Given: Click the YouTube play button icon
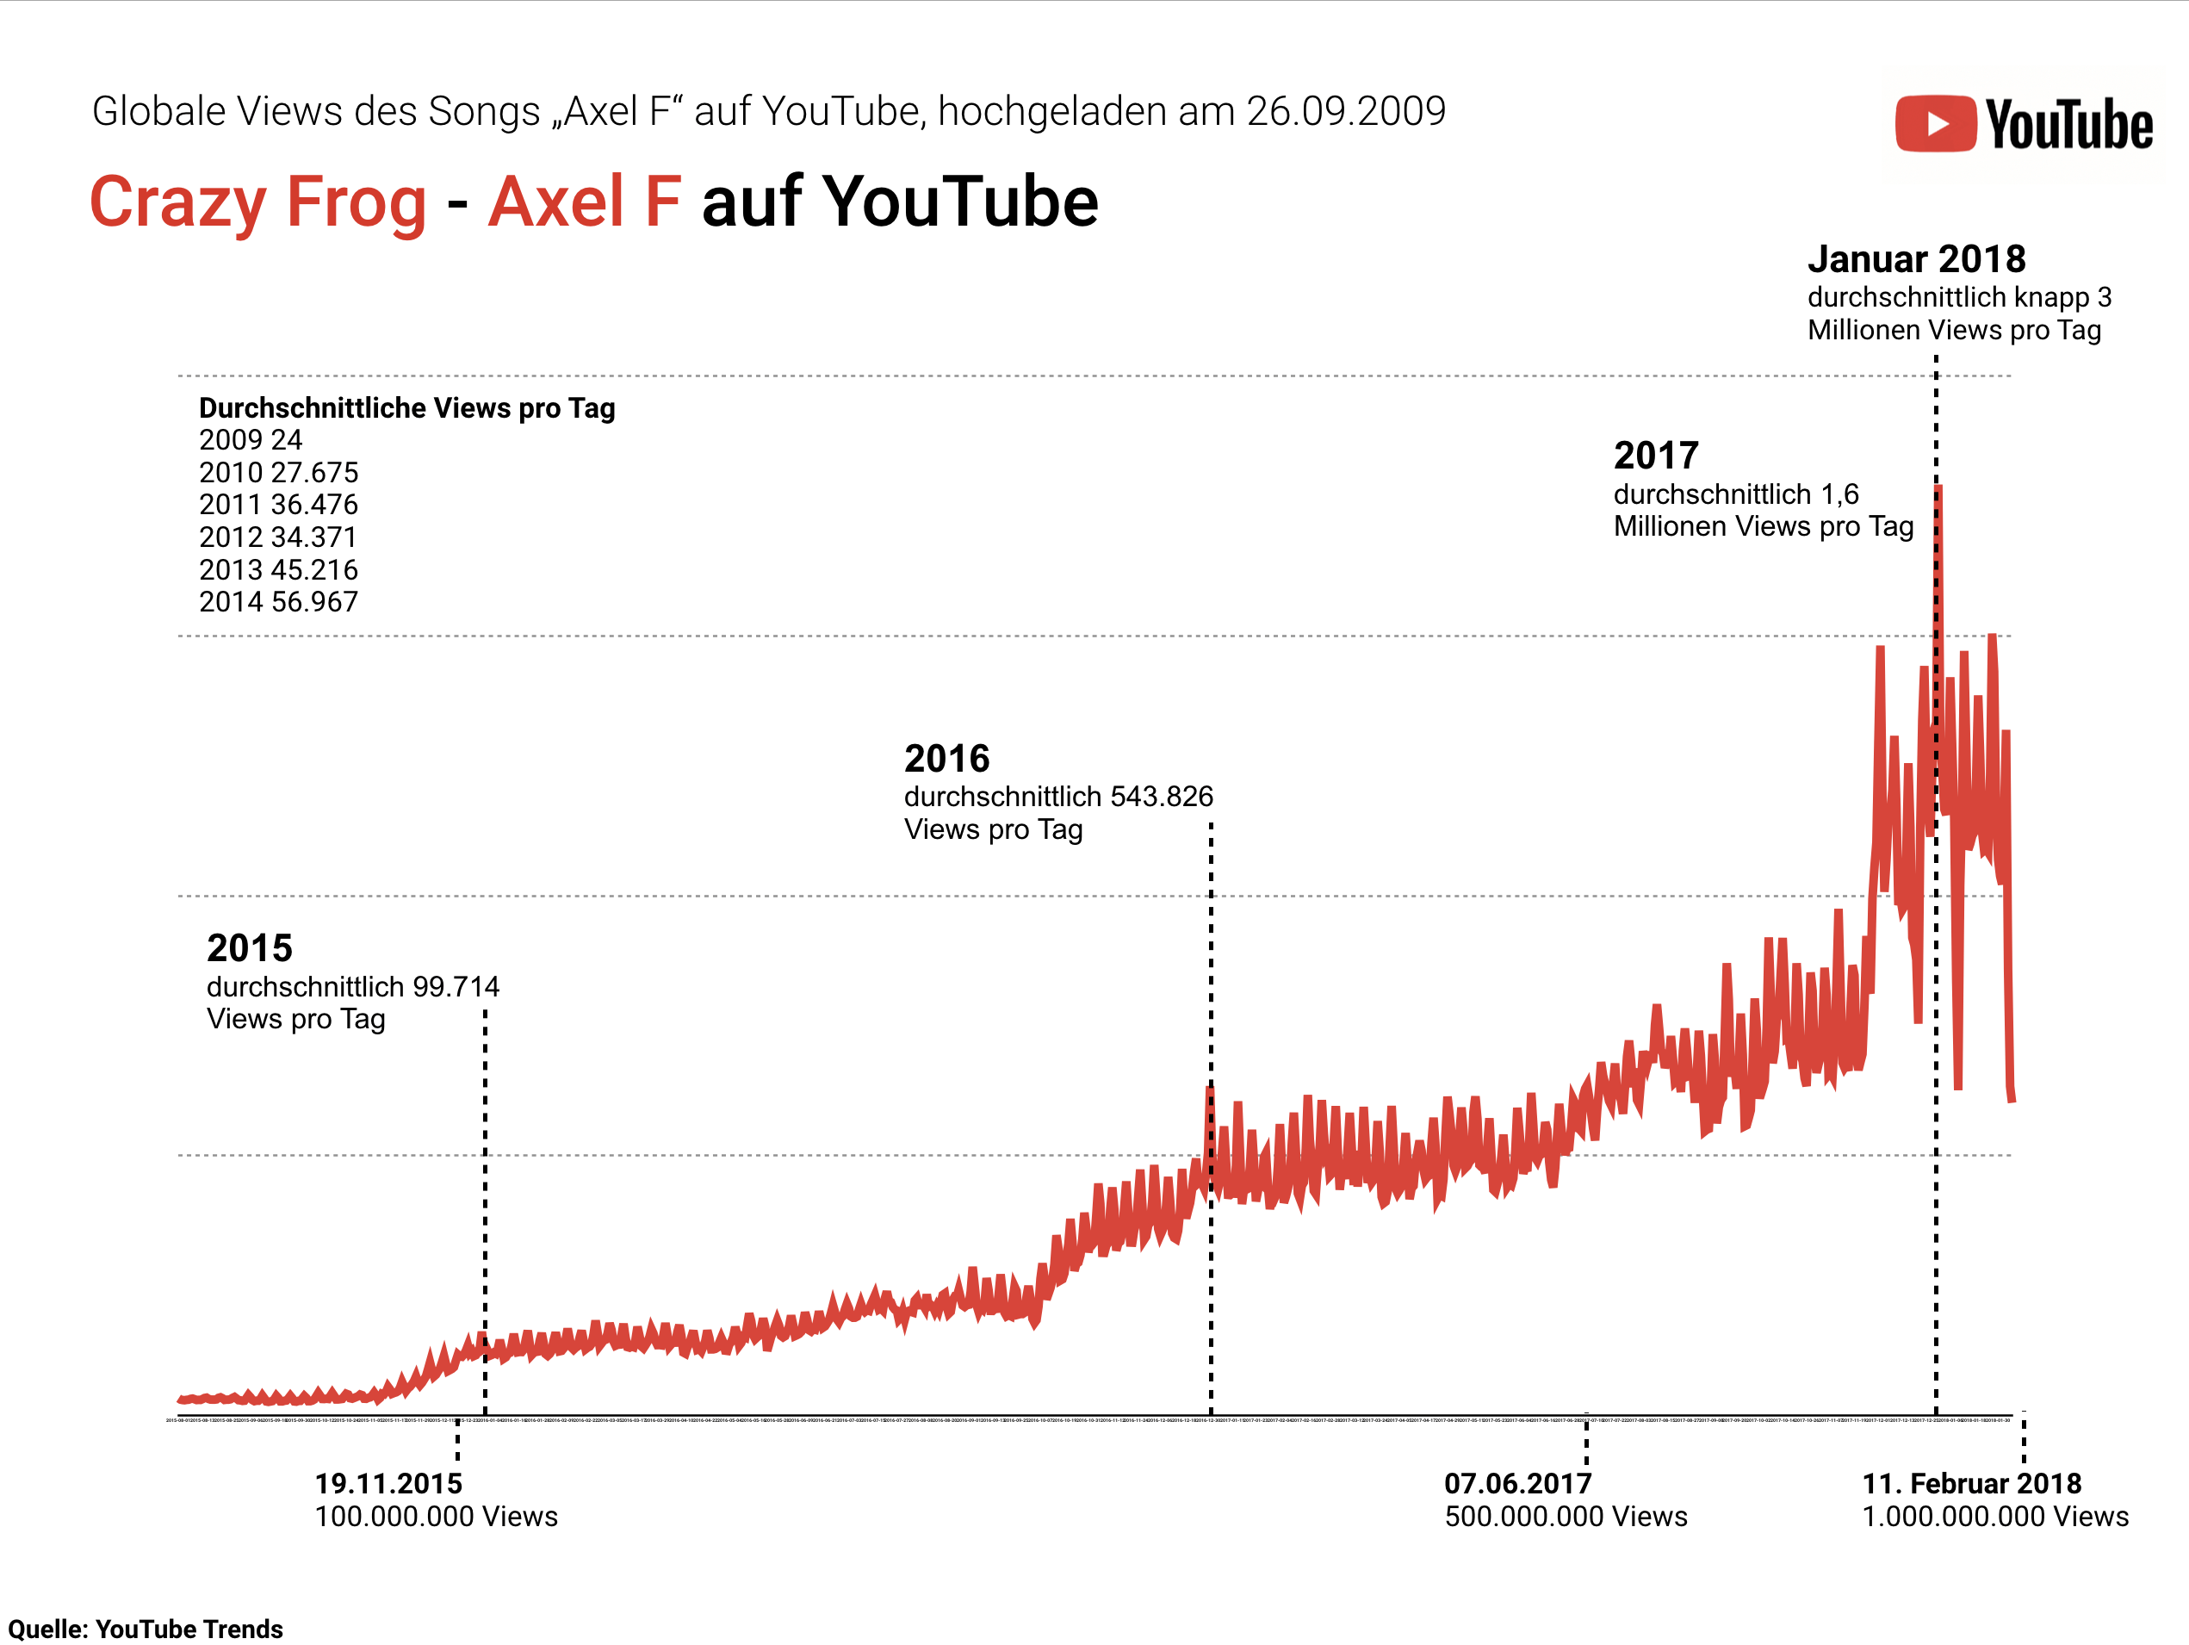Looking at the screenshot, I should tap(1936, 124).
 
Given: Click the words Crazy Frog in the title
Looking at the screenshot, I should tap(257, 202).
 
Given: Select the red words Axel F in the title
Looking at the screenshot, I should tap(584, 202).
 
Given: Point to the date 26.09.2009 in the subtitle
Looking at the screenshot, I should tap(1346, 112).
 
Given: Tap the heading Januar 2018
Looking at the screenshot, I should tap(1916, 259).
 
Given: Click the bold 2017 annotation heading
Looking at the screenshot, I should tap(1656, 456).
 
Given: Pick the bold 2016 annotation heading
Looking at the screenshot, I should tap(946, 759).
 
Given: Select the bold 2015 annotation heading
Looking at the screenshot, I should tap(250, 948).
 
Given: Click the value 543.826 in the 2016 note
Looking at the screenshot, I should tap(1161, 797).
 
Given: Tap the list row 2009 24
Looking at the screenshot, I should tap(251, 440).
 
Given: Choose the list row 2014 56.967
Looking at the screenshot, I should tap(278, 602).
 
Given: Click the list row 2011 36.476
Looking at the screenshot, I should tap(278, 505).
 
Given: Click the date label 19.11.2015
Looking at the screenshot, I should tap(388, 1484).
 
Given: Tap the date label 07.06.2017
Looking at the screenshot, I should tap(1517, 1484).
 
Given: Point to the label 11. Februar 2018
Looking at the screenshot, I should tap(1971, 1484).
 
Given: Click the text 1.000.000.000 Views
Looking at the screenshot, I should tap(1995, 1517).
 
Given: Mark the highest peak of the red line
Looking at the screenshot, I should tap(1938, 487).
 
